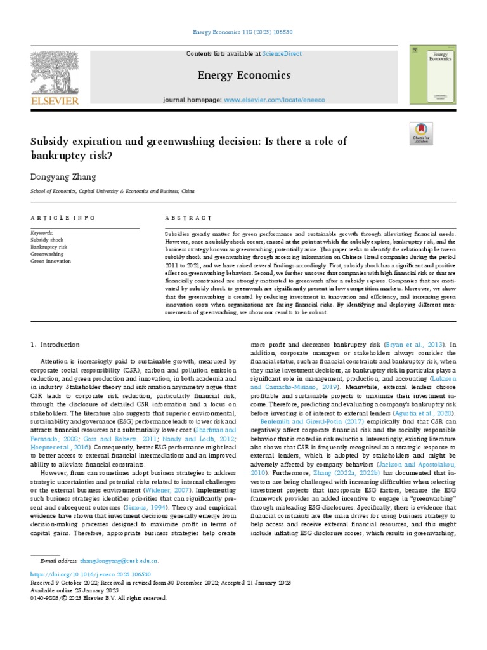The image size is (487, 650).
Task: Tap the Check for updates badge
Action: pos(421,134)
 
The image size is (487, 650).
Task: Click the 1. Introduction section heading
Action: pos(56,345)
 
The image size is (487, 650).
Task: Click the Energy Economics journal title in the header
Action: pos(243,76)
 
